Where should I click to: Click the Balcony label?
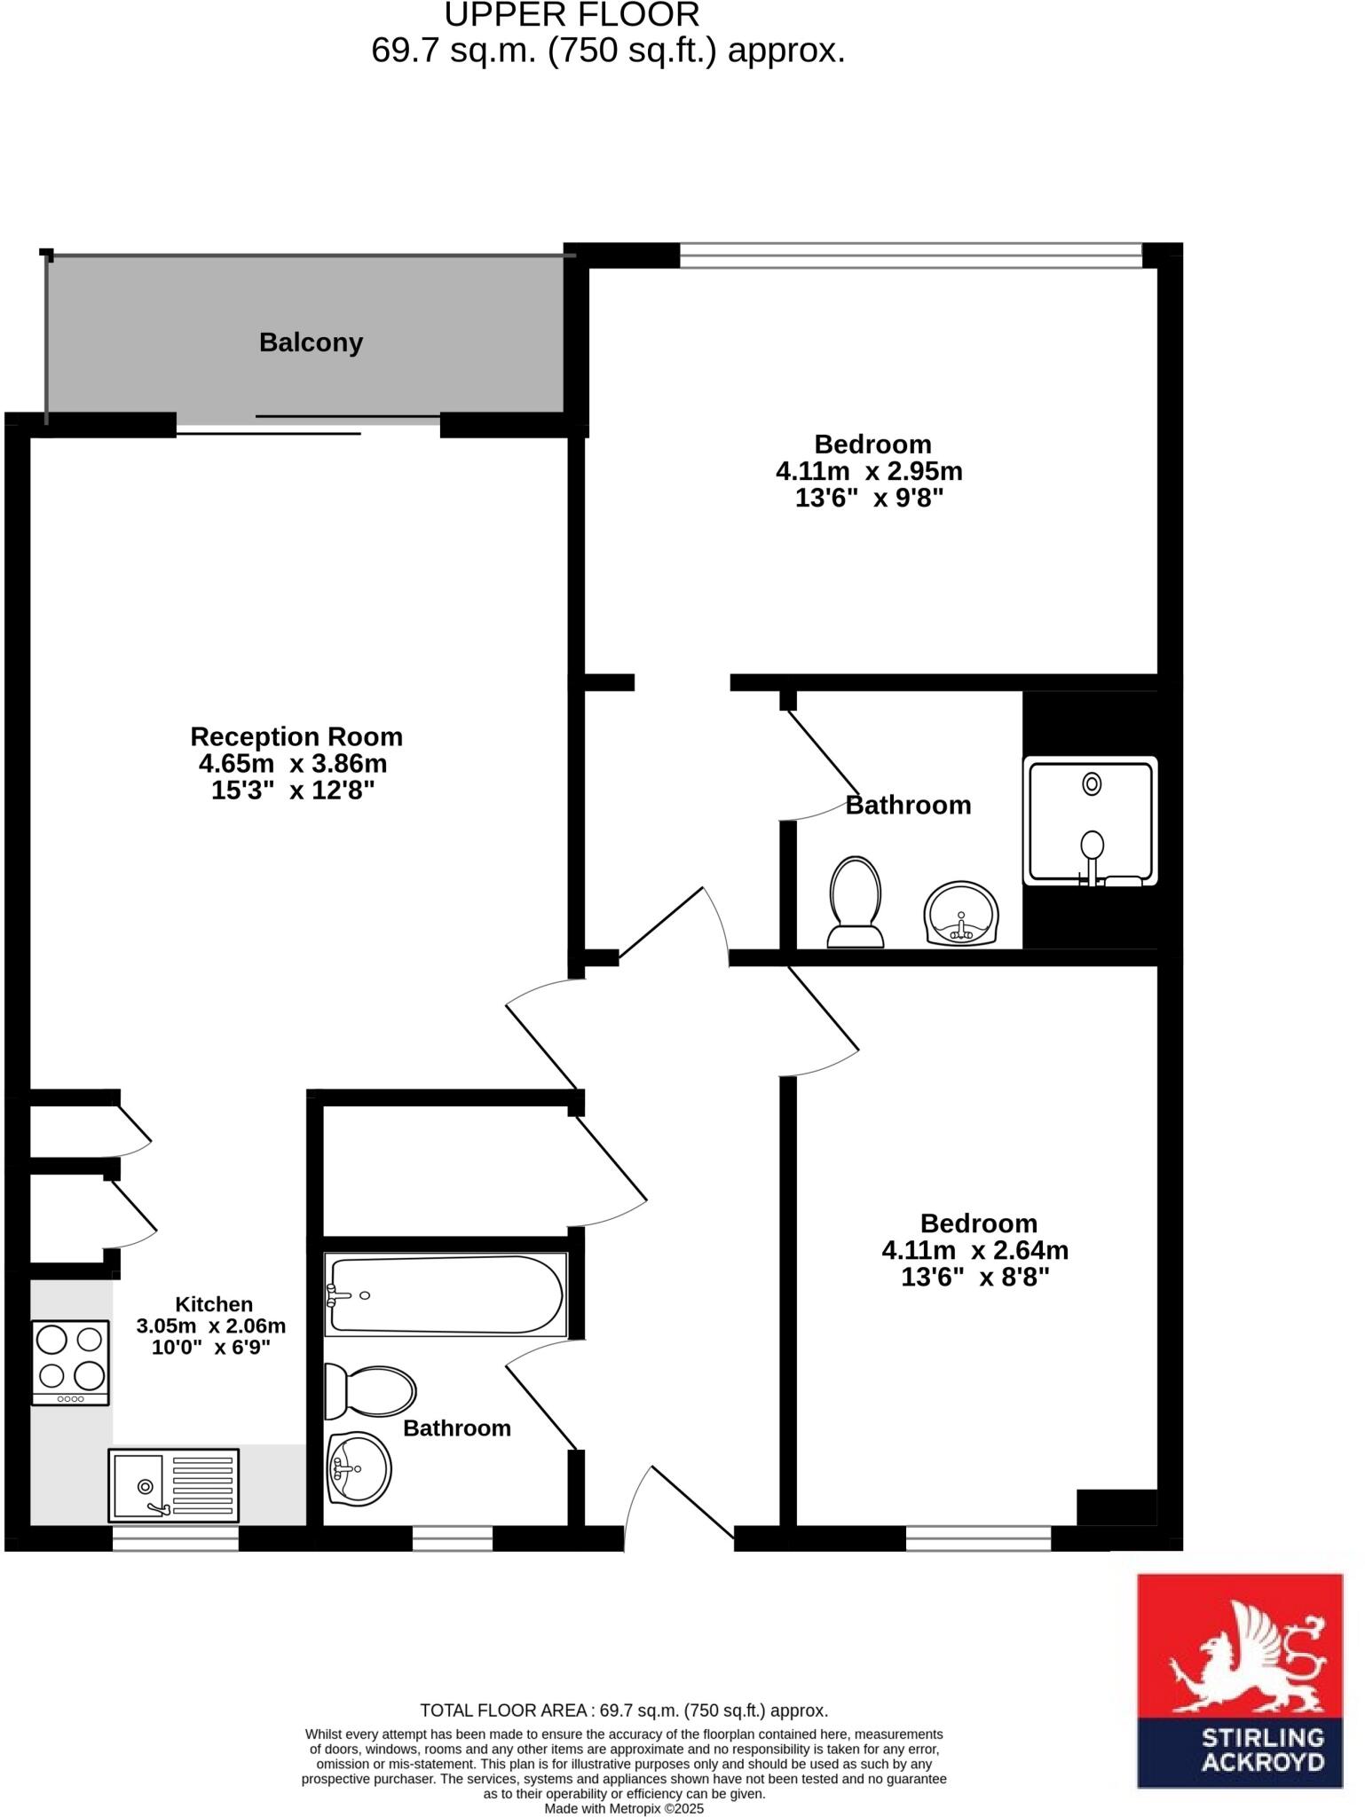(311, 342)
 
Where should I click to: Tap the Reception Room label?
(296, 736)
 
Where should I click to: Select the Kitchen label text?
(214, 1304)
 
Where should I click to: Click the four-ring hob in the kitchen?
(70, 1362)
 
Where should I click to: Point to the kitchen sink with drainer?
(174, 1484)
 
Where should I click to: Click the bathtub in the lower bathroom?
(445, 1294)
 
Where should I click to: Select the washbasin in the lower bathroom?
(359, 1468)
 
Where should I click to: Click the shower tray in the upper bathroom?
(1090, 821)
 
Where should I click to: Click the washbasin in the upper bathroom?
(961, 914)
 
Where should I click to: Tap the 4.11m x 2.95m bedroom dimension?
(869, 471)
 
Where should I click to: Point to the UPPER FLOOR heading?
(572, 15)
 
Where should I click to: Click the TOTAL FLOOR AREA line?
(624, 1711)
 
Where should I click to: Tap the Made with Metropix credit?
(624, 1808)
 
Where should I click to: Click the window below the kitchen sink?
(175, 1538)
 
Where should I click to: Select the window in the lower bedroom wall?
(978, 1538)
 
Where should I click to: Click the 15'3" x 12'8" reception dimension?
(293, 791)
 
